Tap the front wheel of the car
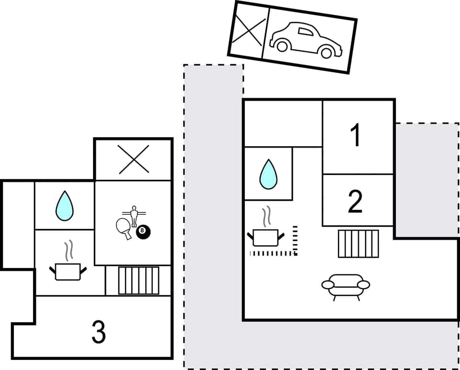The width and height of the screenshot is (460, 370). (x=327, y=52)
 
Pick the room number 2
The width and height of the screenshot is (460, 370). (x=355, y=202)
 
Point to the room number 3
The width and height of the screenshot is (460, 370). (x=99, y=332)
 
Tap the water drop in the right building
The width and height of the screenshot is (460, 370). (x=268, y=174)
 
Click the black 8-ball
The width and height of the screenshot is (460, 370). (x=142, y=232)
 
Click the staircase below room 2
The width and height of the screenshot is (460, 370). (x=358, y=243)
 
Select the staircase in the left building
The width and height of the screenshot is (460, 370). (x=139, y=280)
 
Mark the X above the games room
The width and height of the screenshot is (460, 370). (x=134, y=159)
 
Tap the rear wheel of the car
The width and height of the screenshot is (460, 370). (x=282, y=46)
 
